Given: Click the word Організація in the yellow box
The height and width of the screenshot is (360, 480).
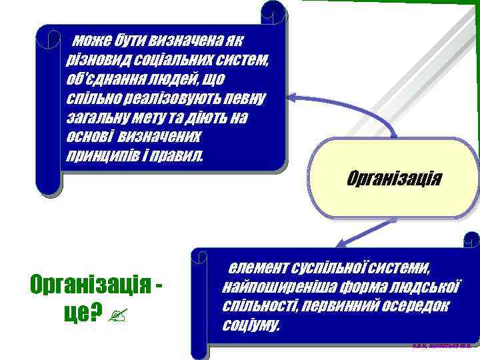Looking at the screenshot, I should tap(395, 179).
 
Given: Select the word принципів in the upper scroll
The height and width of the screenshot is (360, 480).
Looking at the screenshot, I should tap(101, 155).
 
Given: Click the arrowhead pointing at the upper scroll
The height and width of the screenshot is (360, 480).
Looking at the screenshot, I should tap(292, 99).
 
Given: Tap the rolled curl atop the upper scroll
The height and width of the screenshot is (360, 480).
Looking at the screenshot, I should tap(273, 10).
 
